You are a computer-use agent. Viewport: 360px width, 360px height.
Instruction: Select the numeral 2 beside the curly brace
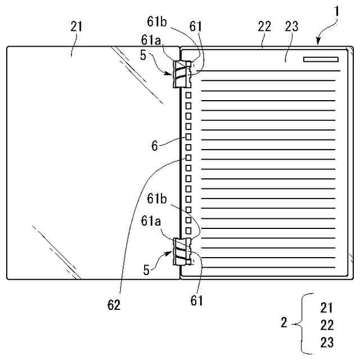pos(284,323)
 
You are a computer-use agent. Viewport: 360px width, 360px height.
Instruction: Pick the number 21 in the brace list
pos(327,308)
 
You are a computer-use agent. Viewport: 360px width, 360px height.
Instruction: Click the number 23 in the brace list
pos(327,341)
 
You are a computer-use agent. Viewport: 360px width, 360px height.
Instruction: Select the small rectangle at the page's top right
pos(320,58)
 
